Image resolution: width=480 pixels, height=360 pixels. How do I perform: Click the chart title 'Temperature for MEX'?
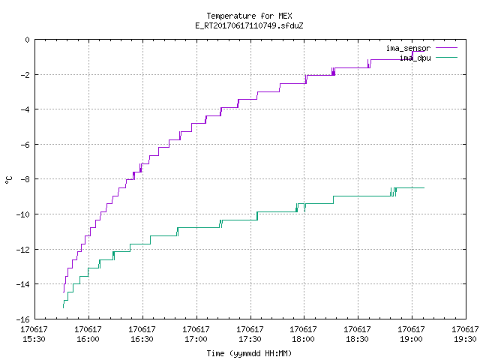249,16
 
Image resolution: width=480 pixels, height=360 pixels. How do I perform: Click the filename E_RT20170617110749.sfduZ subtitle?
249,25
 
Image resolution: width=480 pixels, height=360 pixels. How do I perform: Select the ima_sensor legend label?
408,48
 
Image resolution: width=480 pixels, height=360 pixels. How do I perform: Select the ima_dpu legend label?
415,58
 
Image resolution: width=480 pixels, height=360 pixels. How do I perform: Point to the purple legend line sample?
447,48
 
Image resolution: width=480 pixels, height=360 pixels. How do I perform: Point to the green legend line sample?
447,57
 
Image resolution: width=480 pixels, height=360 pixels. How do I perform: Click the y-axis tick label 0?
28,40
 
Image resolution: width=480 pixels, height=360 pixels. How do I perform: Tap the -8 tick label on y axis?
25,179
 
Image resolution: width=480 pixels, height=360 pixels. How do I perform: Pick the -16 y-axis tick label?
23,319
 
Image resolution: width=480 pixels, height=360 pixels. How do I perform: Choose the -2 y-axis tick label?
25,75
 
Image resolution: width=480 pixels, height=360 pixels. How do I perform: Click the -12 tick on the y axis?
23,250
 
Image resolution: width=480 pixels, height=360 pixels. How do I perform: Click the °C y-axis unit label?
9,179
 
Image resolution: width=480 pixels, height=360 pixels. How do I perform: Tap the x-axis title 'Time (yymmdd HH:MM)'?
249,353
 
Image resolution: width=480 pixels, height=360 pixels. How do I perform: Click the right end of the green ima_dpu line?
424,187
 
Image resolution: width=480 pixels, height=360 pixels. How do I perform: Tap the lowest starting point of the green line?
63,307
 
